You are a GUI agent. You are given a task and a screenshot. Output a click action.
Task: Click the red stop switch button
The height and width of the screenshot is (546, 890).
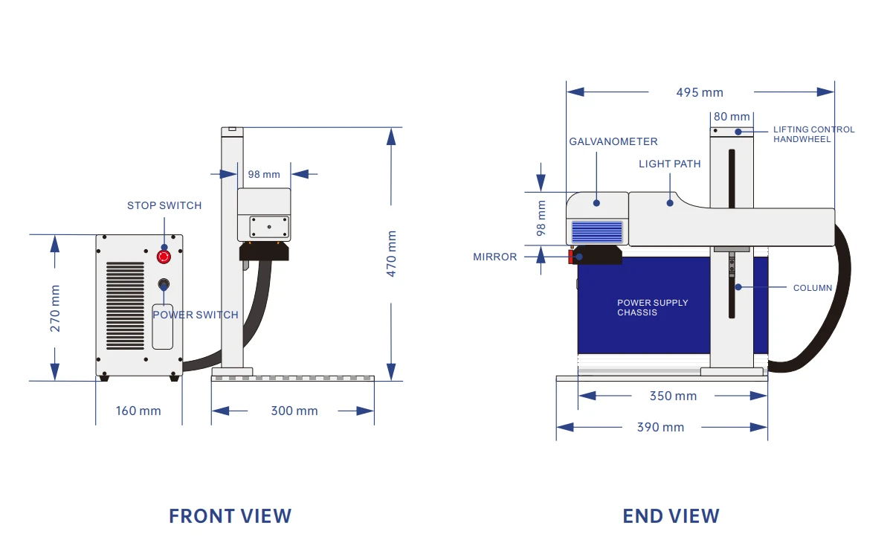click(x=164, y=257)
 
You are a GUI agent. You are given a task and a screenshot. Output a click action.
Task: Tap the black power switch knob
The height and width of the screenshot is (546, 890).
click(x=164, y=284)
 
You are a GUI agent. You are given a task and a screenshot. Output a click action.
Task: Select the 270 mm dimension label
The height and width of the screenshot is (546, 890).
click(x=55, y=309)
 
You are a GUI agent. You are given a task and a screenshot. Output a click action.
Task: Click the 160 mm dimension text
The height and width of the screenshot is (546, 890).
click(x=138, y=411)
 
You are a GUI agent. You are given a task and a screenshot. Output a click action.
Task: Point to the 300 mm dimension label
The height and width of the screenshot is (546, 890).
click(x=294, y=411)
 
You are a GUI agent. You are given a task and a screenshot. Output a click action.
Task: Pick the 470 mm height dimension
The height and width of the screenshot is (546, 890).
click(x=391, y=254)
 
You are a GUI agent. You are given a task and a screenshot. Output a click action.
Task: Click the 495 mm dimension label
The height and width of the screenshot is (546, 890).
click(x=700, y=92)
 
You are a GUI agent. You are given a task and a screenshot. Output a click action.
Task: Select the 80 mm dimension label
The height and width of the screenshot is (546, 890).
click(x=732, y=117)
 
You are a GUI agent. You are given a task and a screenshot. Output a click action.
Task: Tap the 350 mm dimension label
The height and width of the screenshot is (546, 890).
click(x=673, y=396)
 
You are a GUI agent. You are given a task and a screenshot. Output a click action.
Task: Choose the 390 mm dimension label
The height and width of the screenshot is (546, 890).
click(x=661, y=427)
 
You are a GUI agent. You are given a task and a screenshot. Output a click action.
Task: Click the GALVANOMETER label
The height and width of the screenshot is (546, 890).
click(x=613, y=141)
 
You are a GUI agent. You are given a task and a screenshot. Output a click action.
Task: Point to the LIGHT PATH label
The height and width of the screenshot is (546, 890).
click(x=670, y=164)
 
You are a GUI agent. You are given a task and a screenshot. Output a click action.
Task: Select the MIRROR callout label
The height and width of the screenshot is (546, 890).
click(x=495, y=257)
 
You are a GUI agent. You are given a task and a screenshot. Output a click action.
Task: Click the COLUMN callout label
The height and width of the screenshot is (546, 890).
click(x=813, y=288)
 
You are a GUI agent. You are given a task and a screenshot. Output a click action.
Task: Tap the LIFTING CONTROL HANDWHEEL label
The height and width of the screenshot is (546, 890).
click(x=814, y=134)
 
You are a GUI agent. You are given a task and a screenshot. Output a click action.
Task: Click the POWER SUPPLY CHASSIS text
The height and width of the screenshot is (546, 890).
click(x=653, y=307)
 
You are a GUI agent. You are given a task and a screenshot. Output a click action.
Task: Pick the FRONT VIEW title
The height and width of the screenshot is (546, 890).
click(x=230, y=516)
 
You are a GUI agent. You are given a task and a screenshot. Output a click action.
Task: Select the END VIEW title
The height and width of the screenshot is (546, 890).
click(x=671, y=516)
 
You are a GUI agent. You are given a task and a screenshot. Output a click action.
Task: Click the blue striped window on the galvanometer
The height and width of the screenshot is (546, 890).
click(x=596, y=232)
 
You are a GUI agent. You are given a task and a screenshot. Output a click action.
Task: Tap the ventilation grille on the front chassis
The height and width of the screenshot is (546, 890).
click(x=126, y=306)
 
